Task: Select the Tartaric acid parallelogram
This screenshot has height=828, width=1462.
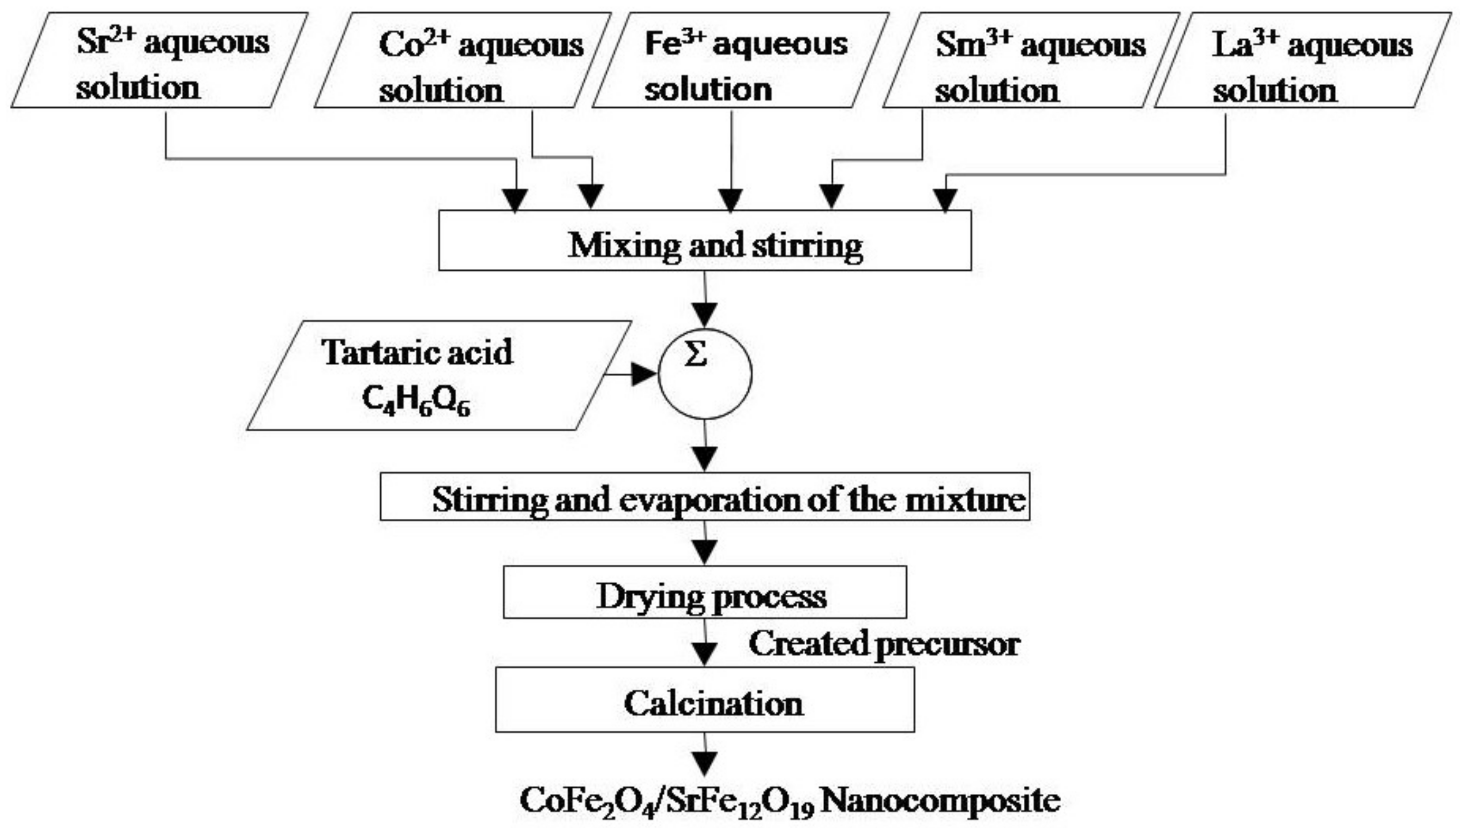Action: (438, 375)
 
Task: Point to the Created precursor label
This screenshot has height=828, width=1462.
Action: (884, 644)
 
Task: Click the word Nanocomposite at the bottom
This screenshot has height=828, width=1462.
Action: (941, 801)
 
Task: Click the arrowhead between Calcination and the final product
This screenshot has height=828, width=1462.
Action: (705, 763)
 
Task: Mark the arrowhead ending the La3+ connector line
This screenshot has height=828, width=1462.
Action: (946, 201)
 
